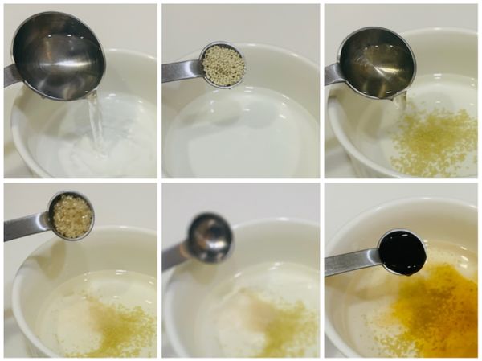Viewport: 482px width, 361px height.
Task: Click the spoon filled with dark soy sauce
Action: pos(402,251)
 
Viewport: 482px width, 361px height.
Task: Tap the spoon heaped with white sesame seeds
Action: pos(222,66)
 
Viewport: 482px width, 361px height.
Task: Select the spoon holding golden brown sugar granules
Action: pos(71,215)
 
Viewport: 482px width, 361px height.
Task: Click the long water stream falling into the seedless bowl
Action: pos(96,121)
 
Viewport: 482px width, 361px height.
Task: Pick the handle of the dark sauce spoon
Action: pos(351,262)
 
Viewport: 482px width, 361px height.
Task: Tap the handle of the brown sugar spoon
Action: pos(24,228)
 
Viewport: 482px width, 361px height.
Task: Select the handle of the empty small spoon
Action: pos(176,255)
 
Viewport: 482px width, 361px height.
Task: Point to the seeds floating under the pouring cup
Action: pos(434,141)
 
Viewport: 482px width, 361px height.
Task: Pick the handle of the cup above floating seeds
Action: pos(333,74)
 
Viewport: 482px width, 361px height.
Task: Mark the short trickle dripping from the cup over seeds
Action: pos(399,100)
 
